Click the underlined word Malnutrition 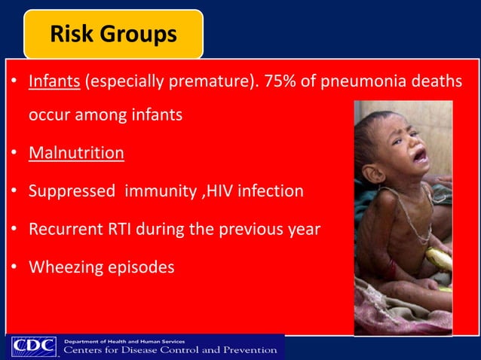[x=76, y=153]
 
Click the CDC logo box [x=33, y=347]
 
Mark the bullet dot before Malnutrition [x=15, y=154]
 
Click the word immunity [x=160, y=191]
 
